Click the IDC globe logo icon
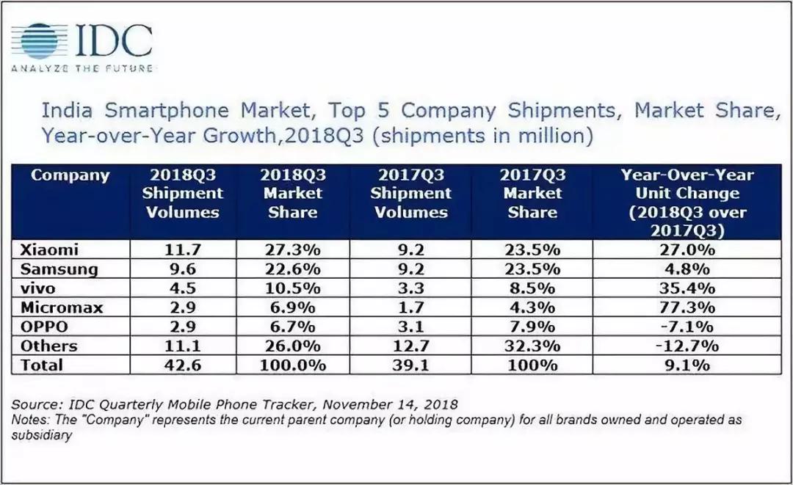click(42, 42)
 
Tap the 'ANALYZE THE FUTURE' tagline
click(82, 68)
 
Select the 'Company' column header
click(70, 175)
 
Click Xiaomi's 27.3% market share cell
click(292, 249)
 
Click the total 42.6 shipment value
click(182, 365)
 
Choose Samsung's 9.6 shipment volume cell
click(182, 269)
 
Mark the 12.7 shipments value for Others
click(410, 346)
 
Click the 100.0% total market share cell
click(292, 365)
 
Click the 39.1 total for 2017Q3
click(410, 365)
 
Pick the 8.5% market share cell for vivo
click(532, 288)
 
